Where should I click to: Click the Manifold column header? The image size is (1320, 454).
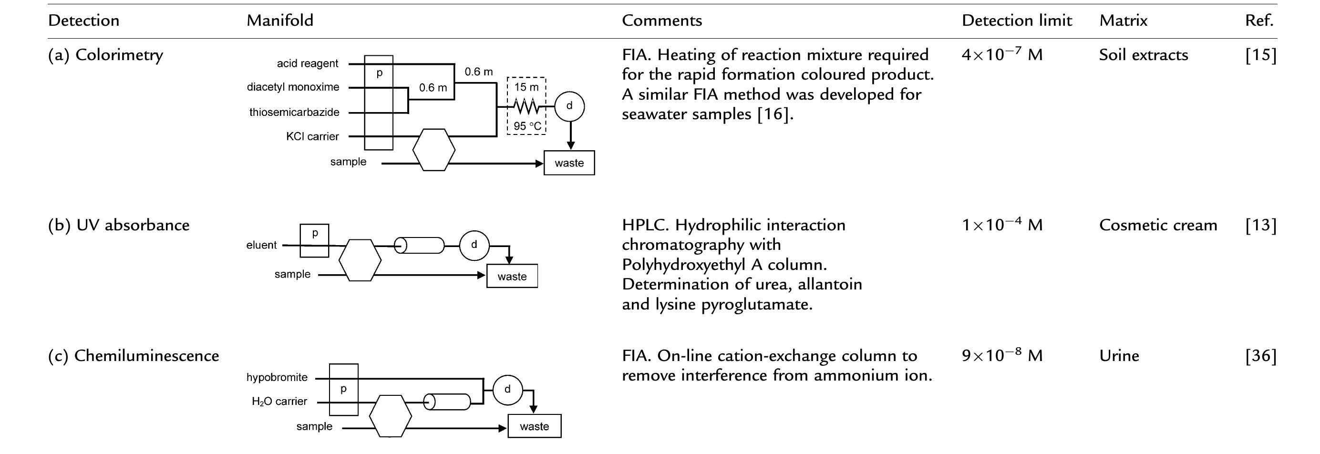click(x=280, y=21)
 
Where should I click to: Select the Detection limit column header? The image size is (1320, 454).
click(x=1017, y=21)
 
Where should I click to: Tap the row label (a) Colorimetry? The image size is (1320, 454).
click(x=105, y=55)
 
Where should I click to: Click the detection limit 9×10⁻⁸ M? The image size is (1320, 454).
click(x=1002, y=355)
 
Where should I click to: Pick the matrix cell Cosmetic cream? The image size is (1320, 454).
click(x=1157, y=225)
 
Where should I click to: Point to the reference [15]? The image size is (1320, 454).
click(x=1260, y=55)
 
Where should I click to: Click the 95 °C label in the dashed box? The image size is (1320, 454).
click(x=527, y=126)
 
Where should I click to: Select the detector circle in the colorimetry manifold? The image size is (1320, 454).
click(x=569, y=106)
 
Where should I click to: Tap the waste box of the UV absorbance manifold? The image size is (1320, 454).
click(x=512, y=276)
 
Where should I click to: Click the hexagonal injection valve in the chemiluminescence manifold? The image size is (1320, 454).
click(x=390, y=415)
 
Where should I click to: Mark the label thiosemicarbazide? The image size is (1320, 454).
click(x=294, y=112)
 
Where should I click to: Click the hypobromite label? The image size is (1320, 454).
click(x=277, y=378)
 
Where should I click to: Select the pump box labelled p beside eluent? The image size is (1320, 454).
click(x=314, y=240)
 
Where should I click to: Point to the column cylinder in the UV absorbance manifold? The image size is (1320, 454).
click(x=419, y=246)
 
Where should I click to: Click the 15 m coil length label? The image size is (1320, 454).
click(x=526, y=87)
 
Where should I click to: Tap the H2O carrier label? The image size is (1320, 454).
click(x=279, y=402)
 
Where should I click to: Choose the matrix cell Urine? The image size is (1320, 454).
click(x=1119, y=355)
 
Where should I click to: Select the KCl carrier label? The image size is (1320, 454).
click(x=312, y=137)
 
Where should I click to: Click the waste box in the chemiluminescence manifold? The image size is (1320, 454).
click(x=534, y=426)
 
